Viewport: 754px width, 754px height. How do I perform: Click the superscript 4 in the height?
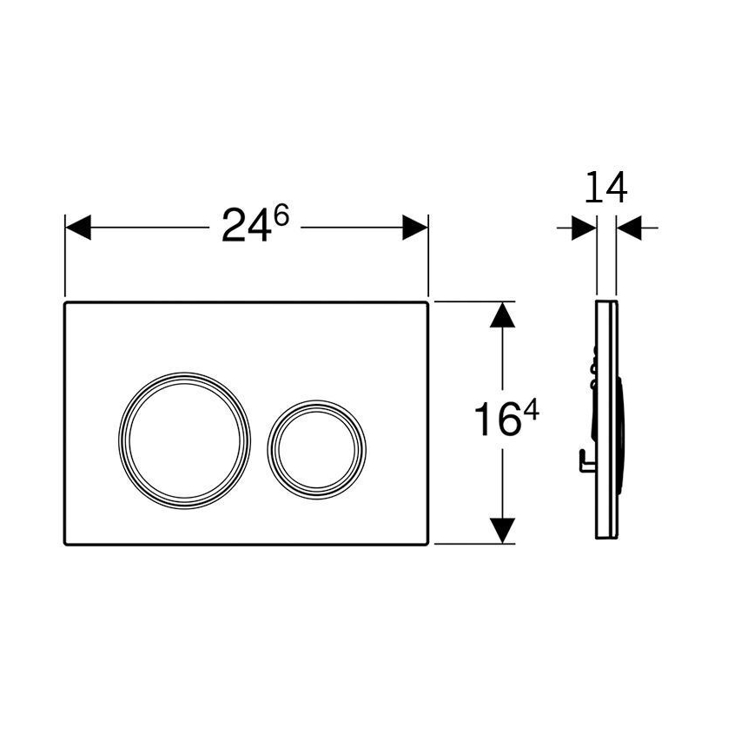tap(531, 411)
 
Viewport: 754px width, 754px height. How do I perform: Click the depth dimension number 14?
tap(606, 188)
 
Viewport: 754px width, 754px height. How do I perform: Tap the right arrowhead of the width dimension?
tap(415, 228)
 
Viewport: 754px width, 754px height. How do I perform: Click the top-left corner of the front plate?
tap(66, 304)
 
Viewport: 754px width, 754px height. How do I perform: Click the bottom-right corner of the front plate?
tap(427, 544)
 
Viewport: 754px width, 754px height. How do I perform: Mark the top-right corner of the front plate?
tap(427, 304)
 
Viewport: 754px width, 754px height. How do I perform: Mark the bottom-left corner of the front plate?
tap(66, 544)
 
